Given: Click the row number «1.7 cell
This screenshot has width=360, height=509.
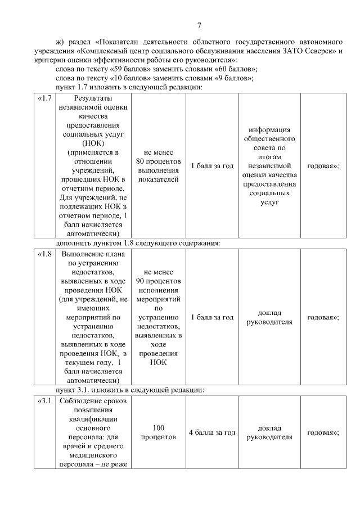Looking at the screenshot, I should [45, 98].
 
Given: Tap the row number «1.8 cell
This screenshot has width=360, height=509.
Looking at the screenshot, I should [45, 254].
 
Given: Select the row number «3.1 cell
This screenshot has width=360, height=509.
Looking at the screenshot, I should [45, 402].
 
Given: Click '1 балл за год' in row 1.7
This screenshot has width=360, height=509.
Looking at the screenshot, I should [212, 166].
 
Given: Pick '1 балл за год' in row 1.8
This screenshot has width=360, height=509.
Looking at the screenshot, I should [212, 317].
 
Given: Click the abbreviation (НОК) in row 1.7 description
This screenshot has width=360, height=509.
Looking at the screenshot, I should [93, 143].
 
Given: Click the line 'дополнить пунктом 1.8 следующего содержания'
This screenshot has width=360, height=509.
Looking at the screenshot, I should [137, 243].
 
